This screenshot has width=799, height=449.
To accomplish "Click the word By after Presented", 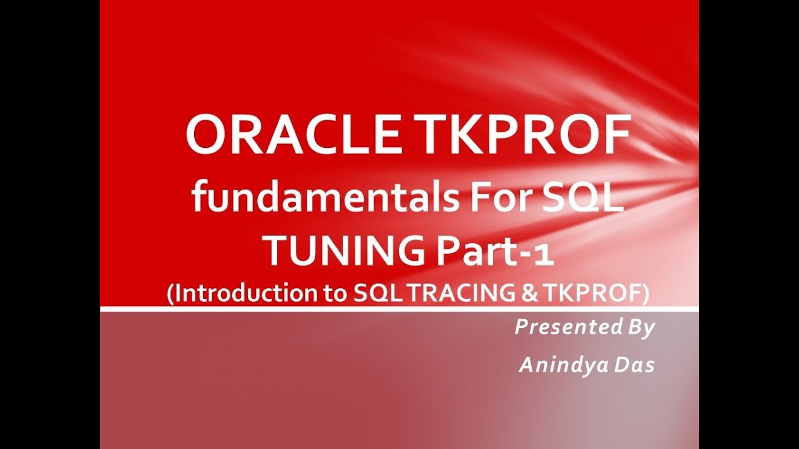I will point(639,327).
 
